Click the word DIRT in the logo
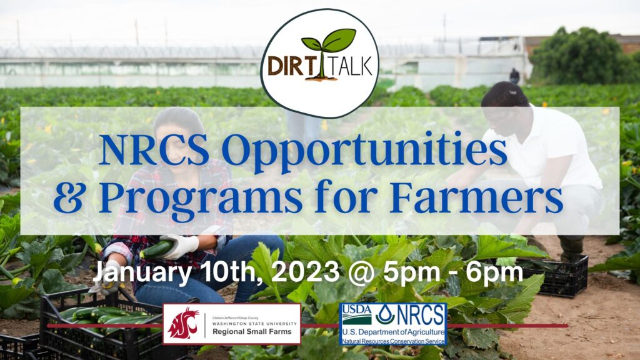290,66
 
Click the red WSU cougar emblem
184,323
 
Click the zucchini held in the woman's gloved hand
156,249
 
